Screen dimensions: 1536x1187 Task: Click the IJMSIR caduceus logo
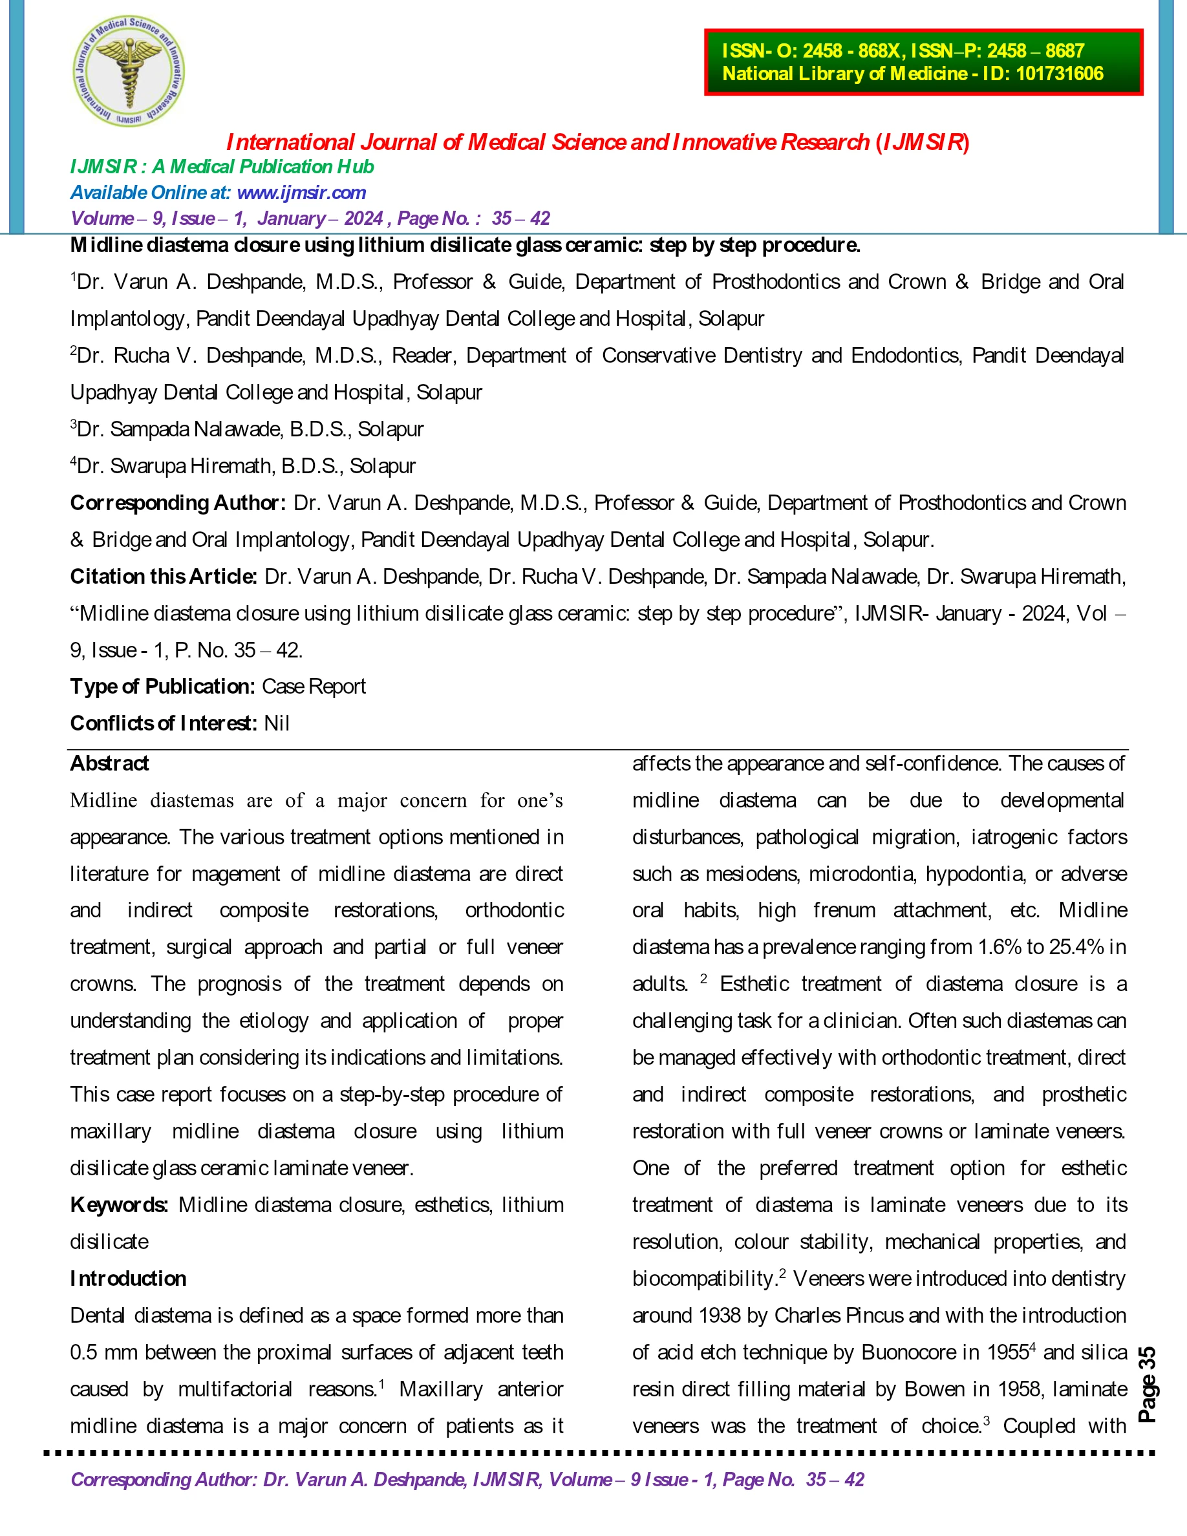pos(129,71)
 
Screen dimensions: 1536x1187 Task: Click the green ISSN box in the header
pos(923,62)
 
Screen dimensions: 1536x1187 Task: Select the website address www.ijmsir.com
pos(302,193)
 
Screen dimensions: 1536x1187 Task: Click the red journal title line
pos(597,143)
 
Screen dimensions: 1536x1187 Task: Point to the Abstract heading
pos(109,763)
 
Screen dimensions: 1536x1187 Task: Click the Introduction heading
pos(128,1278)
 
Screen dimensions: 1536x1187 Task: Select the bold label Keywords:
pos(119,1205)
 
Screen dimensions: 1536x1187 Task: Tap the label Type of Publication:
pos(162,687)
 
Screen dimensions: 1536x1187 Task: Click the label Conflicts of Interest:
pos(163,723)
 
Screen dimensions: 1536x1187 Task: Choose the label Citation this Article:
pos(164,577)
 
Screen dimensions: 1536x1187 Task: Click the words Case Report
pos(314,687)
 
